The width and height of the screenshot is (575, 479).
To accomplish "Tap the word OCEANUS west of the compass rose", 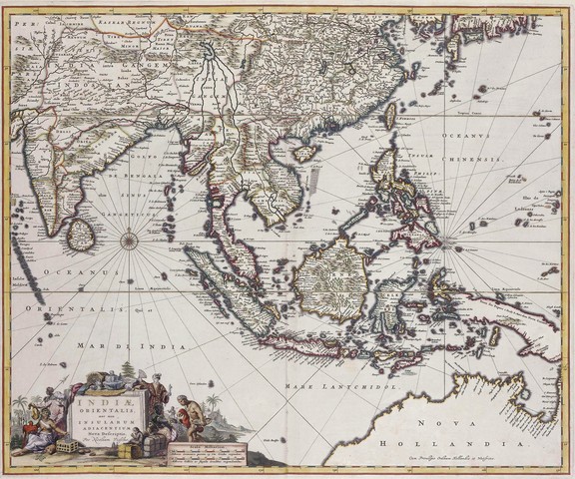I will (x=88, y=269).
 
